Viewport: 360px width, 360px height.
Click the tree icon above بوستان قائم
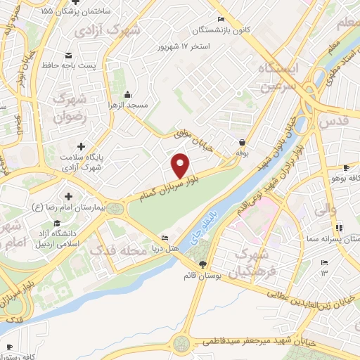click(203, 264)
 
